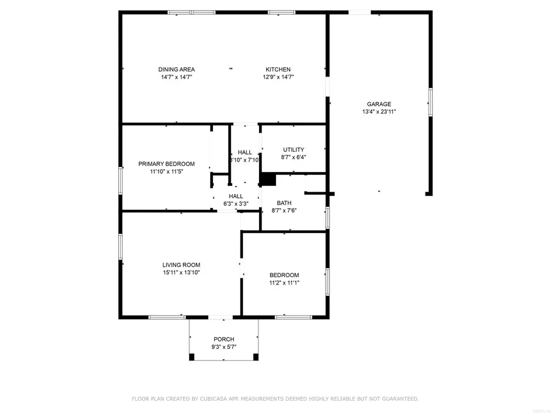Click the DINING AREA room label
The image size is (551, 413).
(x=176, y=69)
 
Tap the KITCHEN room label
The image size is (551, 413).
(x=278, y=69)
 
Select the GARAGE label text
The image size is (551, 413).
(x=379, y=104)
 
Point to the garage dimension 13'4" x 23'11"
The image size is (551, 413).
(x=379, y=112)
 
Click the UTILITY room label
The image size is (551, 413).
(x=293, y=149)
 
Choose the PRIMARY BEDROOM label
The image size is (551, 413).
(x=167, y=163)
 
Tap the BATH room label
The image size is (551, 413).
(x=284, y=203)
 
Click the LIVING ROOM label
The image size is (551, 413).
(x=181, y=265)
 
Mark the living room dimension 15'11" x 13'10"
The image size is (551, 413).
(x=181, y=273)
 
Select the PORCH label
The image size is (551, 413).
(x=224, y=339)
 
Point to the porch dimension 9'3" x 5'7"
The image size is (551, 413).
(x=224, y=347)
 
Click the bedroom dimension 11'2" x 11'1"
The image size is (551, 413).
(x=284, y=283)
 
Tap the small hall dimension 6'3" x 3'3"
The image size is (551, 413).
(x=236, y=204)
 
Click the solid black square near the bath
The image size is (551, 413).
(x=268, y=179)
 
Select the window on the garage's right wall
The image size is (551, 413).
(x=430, y=102)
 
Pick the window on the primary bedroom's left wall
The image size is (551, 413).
(x=121, y=180)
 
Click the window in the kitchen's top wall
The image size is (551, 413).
(x=281, y=12)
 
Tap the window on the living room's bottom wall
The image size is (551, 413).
(x=167, y=317)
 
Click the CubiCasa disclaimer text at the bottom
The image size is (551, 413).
(x=275, y=399)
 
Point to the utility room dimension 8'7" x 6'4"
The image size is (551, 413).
(x=293, y=157)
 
